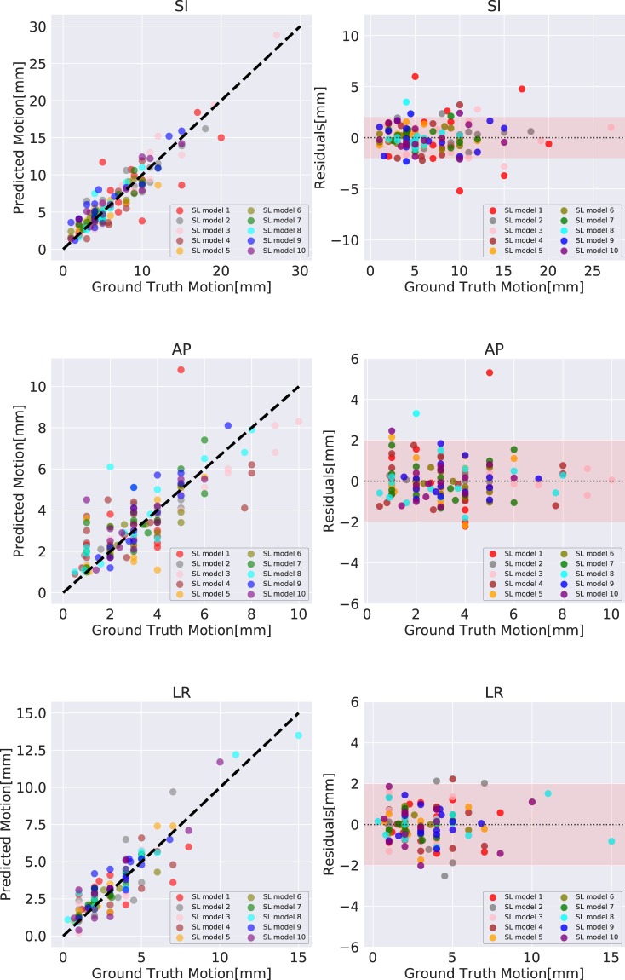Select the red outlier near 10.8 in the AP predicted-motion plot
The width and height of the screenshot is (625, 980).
181,370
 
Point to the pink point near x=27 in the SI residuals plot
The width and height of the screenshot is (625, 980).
611,127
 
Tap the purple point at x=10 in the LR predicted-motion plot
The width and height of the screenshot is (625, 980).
220,762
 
